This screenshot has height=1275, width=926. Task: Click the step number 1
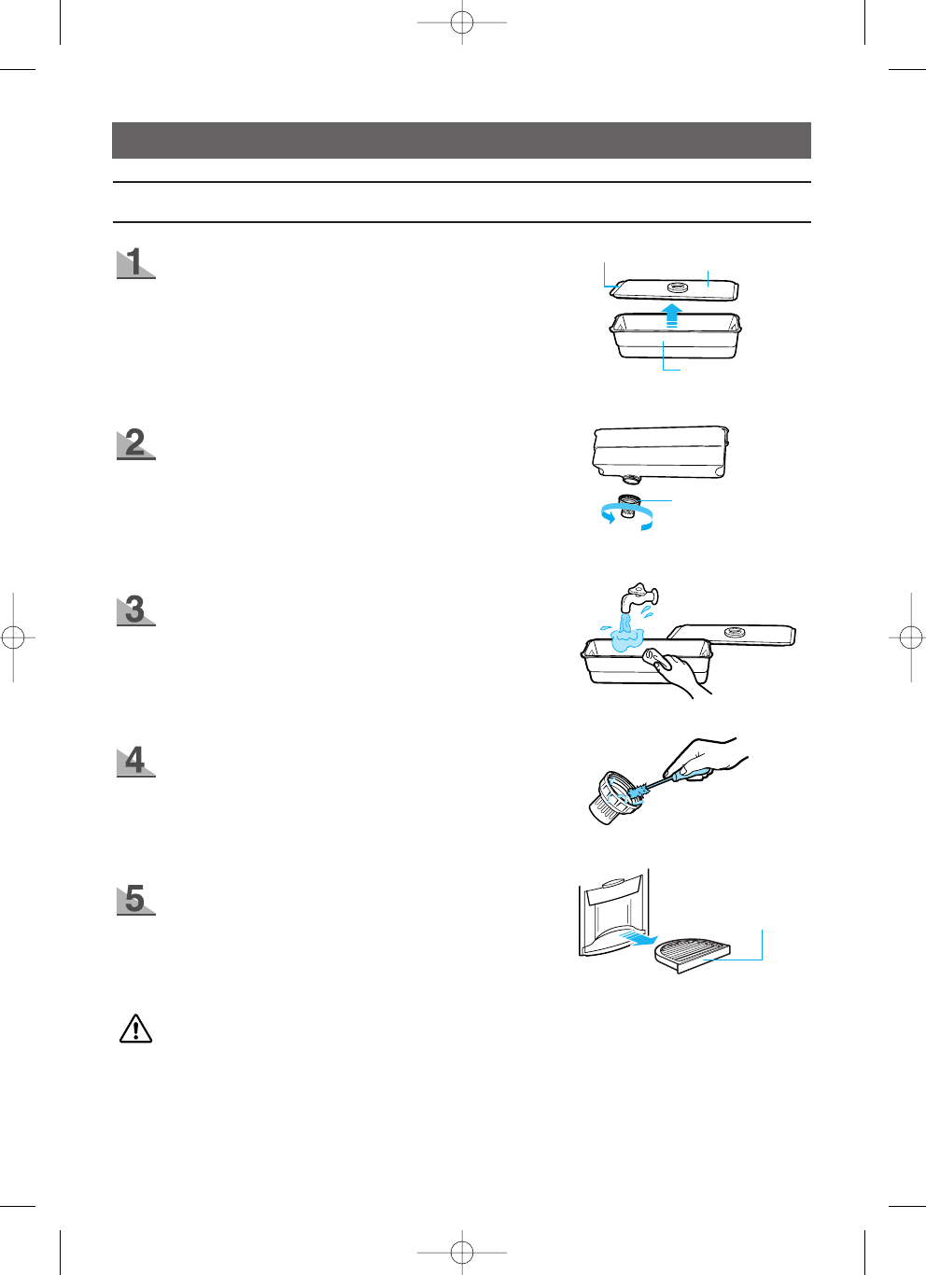[x=136, y=262]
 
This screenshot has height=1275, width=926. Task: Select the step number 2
[x=136, y=442]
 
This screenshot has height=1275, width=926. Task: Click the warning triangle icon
[x=136, y=1029]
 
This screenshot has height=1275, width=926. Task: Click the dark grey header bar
[x=461, y=140]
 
